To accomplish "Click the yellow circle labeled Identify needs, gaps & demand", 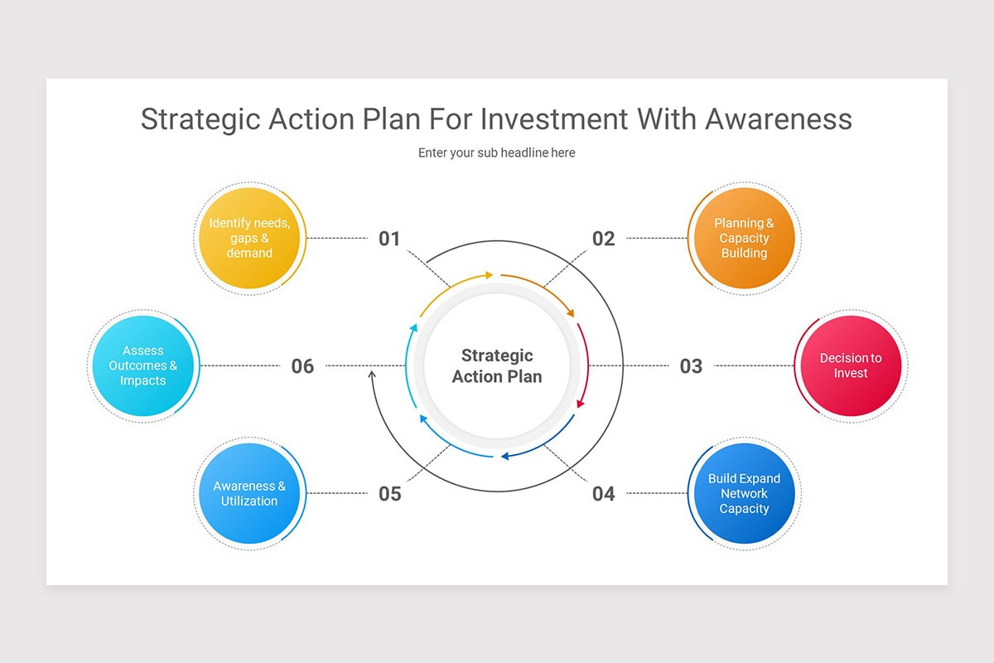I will point(249,239).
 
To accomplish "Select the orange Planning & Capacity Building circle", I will point(744,239).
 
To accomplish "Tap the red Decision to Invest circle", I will point(850,365).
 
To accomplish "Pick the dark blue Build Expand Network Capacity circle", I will point(744,493).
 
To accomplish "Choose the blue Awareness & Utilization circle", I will point(249,493).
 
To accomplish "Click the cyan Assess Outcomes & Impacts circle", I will point(142,365).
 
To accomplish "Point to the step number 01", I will point(389,239).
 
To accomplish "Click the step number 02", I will point(603,239).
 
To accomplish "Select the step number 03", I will point(691,365).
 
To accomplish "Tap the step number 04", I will point(603,494).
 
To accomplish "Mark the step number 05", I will point(389,494).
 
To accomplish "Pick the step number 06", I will point(302,365).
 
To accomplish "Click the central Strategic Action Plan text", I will point(497,365).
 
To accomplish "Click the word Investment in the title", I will point(554,119).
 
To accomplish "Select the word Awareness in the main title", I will point(779,119).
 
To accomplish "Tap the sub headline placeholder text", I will point(496,152).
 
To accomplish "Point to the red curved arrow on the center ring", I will point(586,365).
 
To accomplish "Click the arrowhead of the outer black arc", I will point(372,375).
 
